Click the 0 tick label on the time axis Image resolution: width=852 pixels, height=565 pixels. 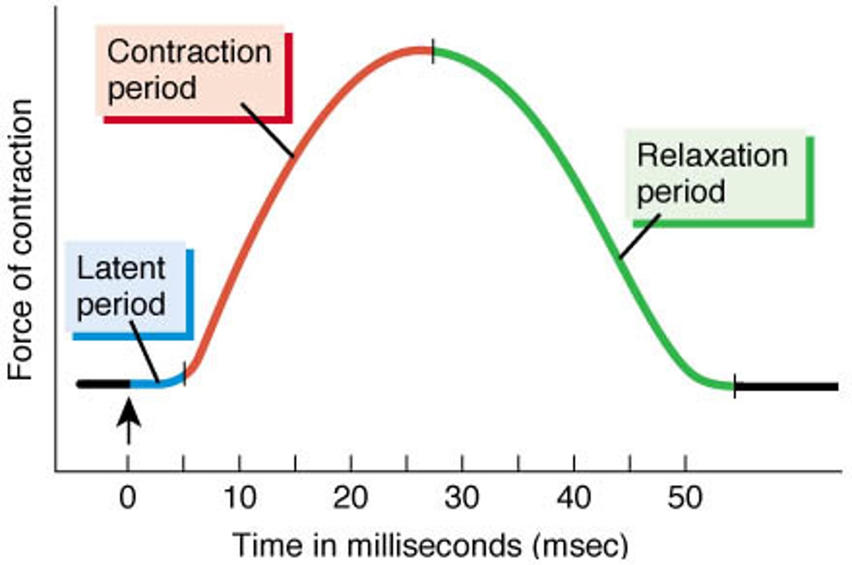tap(128, 498)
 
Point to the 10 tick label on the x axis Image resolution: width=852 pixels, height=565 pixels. tap(239, 498)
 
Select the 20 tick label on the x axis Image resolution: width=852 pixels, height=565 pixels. tap(350, 498)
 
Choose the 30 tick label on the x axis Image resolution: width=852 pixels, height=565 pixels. tap(462, 498)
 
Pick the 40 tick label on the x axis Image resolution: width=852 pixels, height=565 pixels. tap(573, 498)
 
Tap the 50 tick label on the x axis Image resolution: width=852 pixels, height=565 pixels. tap(685, 498)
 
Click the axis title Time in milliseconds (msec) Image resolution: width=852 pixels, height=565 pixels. tap(430, 544)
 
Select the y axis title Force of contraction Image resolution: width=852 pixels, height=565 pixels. tap(20, 240)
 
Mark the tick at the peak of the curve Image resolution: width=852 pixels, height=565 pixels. tap(433, 51)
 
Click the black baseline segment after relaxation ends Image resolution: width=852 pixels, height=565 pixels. tap(787, 387)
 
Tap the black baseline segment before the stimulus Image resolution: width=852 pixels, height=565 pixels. tap(104, 384)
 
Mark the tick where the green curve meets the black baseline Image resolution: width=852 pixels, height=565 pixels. tap(735, 386)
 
